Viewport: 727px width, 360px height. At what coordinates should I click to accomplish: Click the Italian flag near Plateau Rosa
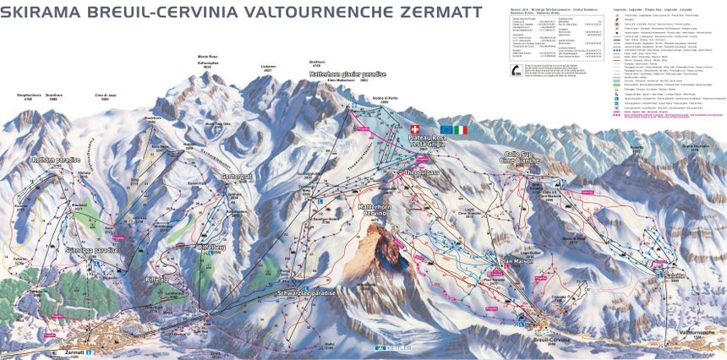pos(460,130)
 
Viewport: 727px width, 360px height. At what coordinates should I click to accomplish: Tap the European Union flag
pos(445,130)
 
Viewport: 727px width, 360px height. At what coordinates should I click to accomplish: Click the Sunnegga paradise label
pos(90,251)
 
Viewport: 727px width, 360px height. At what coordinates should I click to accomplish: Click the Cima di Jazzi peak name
pos(105,95)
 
